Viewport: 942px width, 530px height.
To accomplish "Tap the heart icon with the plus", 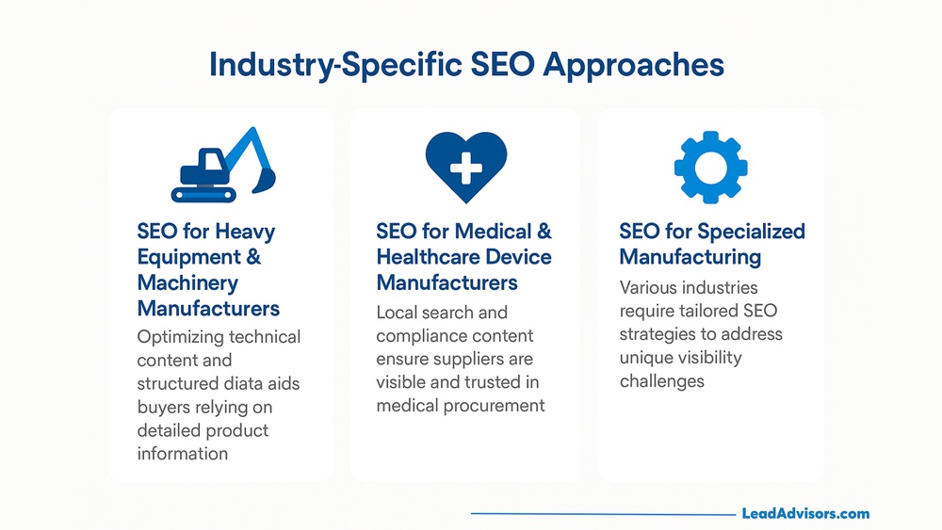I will [465, 167].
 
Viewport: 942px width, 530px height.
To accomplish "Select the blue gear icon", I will [711, 167].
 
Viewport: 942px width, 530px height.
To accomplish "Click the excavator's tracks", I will [205, 193].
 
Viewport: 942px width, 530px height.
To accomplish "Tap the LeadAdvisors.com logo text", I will [805, 514].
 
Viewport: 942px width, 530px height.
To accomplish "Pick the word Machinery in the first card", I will [187, 282].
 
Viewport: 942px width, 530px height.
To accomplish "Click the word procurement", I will [495, 406].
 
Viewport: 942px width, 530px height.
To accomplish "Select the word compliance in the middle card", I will [416, 336].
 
